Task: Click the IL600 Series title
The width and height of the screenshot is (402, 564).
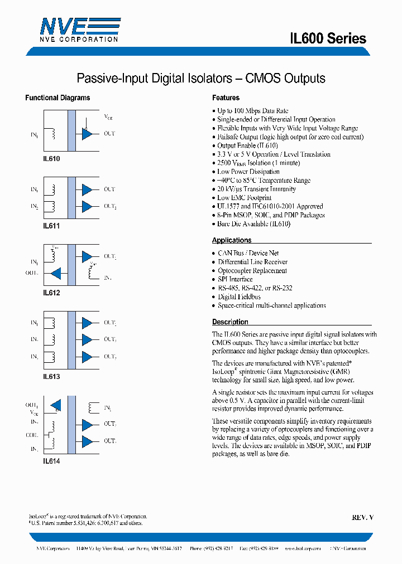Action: [x=328, y=38]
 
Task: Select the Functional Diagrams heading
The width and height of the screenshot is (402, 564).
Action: [x=58, y=98]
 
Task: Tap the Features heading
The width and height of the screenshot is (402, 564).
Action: [x=226, y=98]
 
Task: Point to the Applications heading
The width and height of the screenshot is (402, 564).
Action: [x=232, y=240]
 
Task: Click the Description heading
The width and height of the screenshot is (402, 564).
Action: [x=230, y=322]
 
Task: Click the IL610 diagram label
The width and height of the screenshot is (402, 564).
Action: [x=51, y=158]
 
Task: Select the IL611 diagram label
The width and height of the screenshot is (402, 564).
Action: [x=51, y=226]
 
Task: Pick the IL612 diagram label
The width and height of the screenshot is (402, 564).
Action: [x=51, y=293]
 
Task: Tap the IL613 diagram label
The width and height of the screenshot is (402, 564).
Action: [x=51, y=377]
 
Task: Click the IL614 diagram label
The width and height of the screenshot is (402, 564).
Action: [x=51, y=461]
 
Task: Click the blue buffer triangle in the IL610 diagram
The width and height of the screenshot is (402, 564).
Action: [x=87, y=134]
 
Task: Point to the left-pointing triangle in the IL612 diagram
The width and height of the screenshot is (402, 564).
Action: [x=56, y=274]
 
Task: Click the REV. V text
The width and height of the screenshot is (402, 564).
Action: [x=362, y=517]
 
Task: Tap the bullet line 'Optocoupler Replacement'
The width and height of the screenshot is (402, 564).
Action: [x=252, y=270]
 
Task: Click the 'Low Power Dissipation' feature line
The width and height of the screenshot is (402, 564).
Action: [x=248, y=172]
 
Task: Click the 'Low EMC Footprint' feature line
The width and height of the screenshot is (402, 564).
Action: [x=244, y=198]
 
